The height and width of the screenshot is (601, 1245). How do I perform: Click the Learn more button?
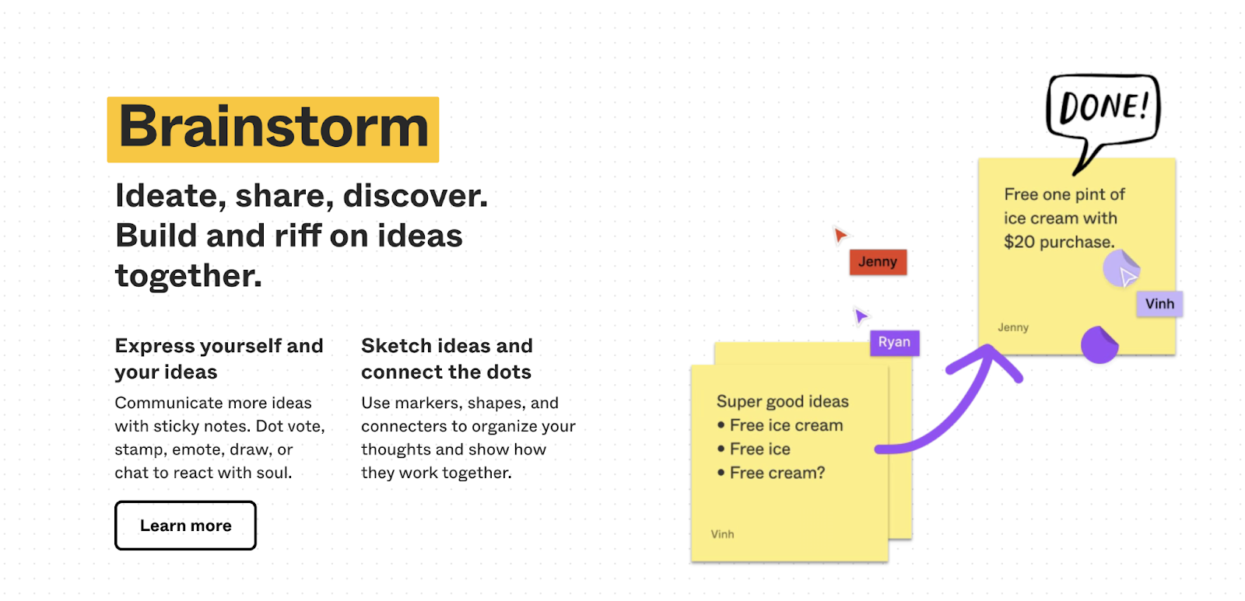(186, 526)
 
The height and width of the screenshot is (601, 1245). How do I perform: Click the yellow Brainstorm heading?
(273, 129)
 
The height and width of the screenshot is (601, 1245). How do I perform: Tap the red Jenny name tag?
(878, 261)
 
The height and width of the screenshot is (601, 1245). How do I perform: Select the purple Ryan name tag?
(894, 342)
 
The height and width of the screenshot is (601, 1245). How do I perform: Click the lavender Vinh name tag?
(1159, 304)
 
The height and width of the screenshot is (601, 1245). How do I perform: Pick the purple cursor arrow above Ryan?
(861, 316)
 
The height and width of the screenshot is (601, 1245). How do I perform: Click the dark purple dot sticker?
(1099, 345)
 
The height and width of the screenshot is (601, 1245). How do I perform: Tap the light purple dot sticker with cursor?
(1121, 268)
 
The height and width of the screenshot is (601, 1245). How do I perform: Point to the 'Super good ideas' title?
(783, 401)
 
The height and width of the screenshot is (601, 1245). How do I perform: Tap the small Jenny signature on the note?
(1013, 327)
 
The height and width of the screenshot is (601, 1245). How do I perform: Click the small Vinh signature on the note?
(722, 534)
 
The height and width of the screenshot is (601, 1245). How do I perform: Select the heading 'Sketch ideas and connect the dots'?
(447, 359)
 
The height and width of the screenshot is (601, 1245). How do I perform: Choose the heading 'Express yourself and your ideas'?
(219, 359)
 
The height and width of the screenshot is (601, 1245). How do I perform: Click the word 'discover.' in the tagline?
(416, 196)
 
